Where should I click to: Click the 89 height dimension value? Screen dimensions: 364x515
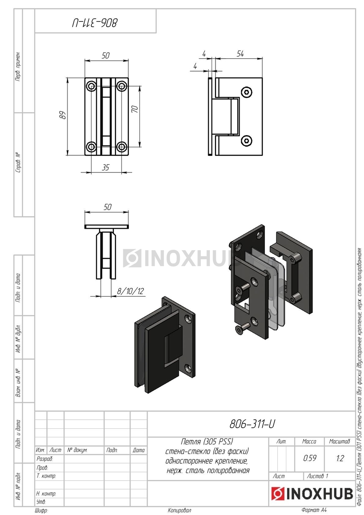[x=63, y=115]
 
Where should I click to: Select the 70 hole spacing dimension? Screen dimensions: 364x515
[x=134, y=109]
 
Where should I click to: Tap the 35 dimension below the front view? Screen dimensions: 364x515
[x=105, y=167]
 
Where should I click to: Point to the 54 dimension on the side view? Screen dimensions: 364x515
[x=240, y=54]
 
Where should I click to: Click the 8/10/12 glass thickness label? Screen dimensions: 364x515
[x=130, y=291]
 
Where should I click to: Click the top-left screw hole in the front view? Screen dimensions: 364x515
[x=91, y=86]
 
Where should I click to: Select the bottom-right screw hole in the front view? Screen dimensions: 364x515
[x=121, y=146]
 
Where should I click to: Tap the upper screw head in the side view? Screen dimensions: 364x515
[x=246, y=92]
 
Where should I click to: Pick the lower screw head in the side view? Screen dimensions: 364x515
[x=246, y=140]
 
